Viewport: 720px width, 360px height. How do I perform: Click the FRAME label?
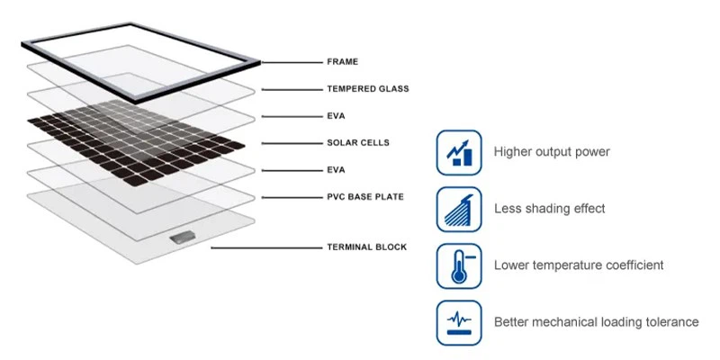(342, 61)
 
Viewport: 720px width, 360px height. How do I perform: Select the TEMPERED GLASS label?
(368, 88)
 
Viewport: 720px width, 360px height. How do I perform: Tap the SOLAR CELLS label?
(358, 143)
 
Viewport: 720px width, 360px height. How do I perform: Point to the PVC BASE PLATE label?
(365, 197)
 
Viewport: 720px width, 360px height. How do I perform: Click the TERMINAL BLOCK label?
(367, 247)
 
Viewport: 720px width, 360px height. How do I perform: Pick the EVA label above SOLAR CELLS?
(336, 116)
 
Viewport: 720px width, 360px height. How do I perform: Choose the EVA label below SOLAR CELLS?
(336, 170)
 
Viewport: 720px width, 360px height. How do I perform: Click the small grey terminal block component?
(183, 238)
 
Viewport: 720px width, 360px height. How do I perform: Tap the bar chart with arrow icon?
(459, 152)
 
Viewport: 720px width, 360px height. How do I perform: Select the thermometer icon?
(459, 266)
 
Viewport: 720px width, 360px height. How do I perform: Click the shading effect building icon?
(459, 210)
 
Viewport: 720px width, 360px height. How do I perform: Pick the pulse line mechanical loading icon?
(459, 323)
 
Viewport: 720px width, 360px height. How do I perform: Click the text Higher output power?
(552, 152)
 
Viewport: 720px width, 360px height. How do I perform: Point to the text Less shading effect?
(550, 209)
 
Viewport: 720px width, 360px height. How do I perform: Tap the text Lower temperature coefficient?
(579, 265)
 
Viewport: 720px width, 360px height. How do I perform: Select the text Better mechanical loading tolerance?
(597, 322)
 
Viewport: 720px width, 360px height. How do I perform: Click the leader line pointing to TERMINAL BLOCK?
(266, 248)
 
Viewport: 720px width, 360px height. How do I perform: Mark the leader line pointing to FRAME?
(292, 62)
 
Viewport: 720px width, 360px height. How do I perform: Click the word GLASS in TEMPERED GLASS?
(393, 88)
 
